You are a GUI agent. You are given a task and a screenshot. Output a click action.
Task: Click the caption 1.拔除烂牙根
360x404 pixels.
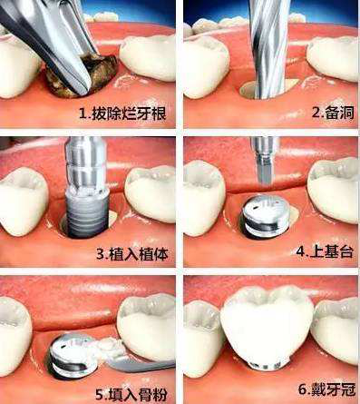point(122,113)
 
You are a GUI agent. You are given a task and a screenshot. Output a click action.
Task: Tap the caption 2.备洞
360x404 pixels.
point(333,113)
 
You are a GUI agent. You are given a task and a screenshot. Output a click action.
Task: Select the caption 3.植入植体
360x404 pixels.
point(132,254)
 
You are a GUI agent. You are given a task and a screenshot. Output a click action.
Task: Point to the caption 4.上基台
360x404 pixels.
point(325,251)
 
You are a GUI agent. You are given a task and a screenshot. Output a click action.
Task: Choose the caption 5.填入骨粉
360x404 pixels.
point(131,394)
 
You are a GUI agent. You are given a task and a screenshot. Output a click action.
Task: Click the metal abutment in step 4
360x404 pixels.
point(265,216)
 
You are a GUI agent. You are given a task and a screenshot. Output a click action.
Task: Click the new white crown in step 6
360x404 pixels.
point(267,325)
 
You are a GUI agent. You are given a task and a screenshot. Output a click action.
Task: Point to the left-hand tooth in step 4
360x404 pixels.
point(204,198)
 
